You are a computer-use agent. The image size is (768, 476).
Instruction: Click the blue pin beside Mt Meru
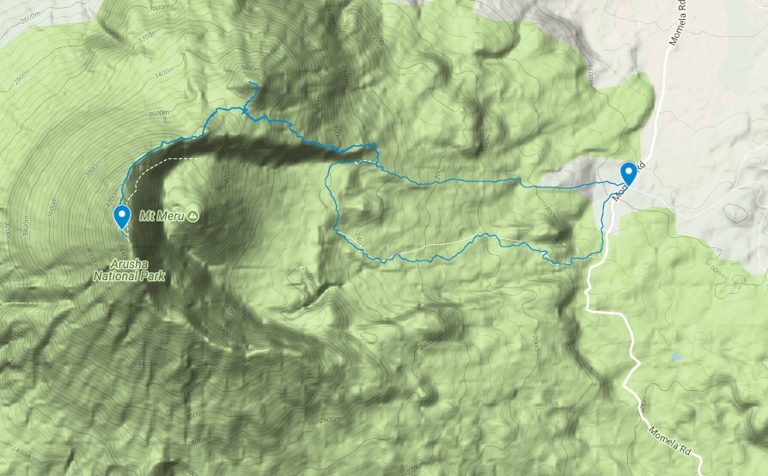(x=123, y=215)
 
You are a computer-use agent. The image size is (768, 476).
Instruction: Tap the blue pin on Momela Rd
(x=629, y=174)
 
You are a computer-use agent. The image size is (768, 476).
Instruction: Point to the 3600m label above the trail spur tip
(x=250, y=70)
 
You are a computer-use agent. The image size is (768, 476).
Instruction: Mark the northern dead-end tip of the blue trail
(x=251, y=82)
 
